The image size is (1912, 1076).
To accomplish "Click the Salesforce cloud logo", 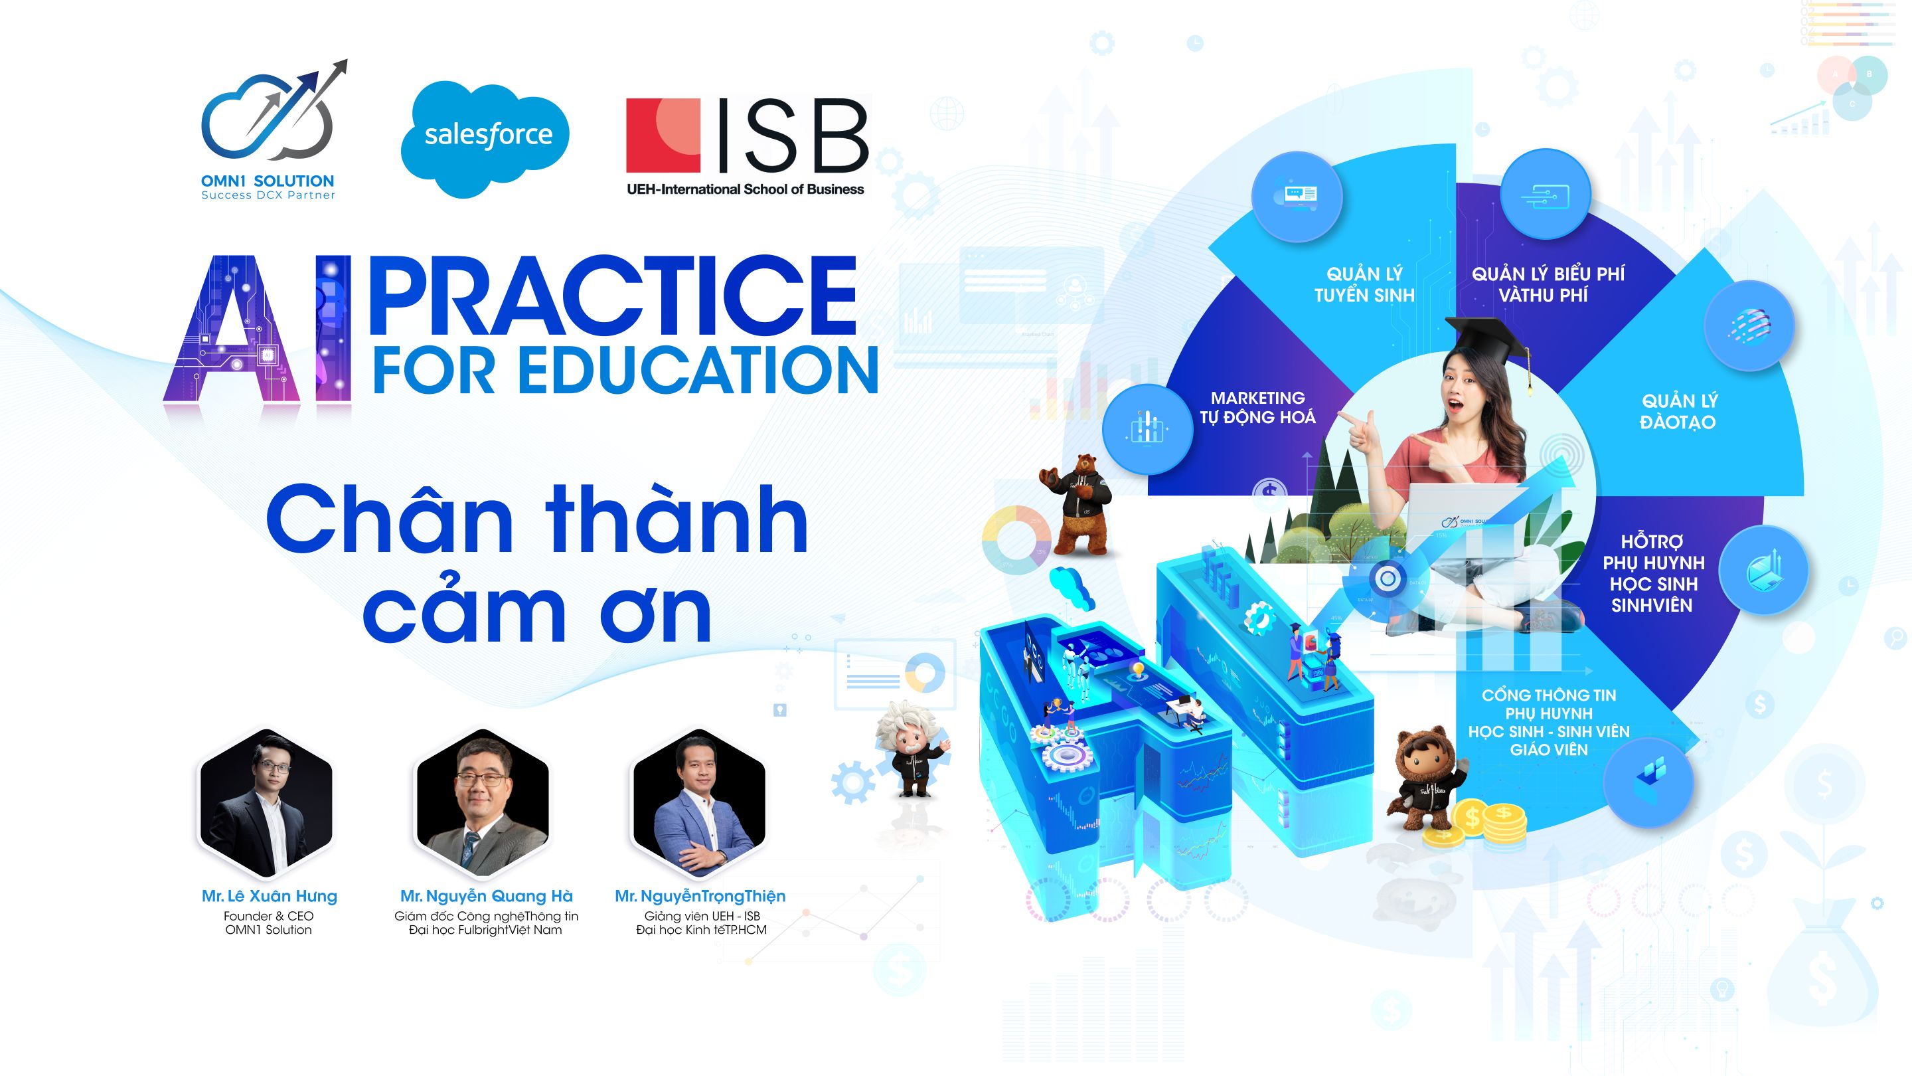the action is (x=485, y=138).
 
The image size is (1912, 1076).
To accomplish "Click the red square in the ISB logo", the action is (x=663, y=135).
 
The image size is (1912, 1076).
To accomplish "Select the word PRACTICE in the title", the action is (x=612, y=296).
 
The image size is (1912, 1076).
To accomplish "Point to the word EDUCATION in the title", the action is (x=698, y=370).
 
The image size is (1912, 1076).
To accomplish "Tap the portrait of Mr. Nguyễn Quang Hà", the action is (x=483, y=801).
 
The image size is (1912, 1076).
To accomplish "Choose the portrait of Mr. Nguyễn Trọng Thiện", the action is (x=698, y=801).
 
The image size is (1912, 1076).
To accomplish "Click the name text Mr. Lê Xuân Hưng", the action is (x=270, y=896).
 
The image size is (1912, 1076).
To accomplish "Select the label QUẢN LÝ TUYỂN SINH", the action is (x=1364, y=284).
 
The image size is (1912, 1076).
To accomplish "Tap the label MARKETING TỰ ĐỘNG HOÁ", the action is (x=1257, y=408).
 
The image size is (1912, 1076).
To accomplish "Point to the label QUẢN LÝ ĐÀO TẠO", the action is (x=1679, y=411).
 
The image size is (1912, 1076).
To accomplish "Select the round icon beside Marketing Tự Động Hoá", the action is (x=1147, y=428).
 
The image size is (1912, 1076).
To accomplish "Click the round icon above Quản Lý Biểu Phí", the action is (x=1546, y=195).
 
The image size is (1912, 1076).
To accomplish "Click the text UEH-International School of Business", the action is (x=745, y=189).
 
